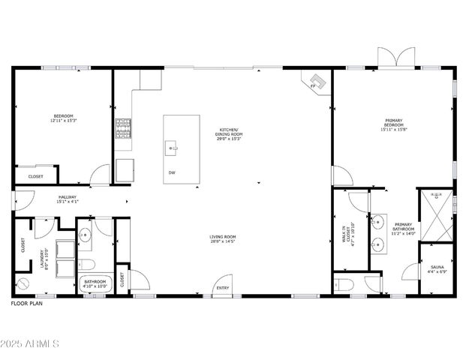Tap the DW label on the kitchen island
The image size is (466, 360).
[172, 172]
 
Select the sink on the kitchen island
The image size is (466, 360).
[173, 148]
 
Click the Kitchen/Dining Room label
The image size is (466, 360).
[229, 133]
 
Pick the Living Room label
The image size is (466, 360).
[222, 240]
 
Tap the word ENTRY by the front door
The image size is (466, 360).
[223, 288]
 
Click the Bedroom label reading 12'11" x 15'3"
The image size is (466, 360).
[64, 118]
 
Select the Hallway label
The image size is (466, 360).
[68, 199]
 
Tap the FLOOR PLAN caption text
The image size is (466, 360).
[27, 304]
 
